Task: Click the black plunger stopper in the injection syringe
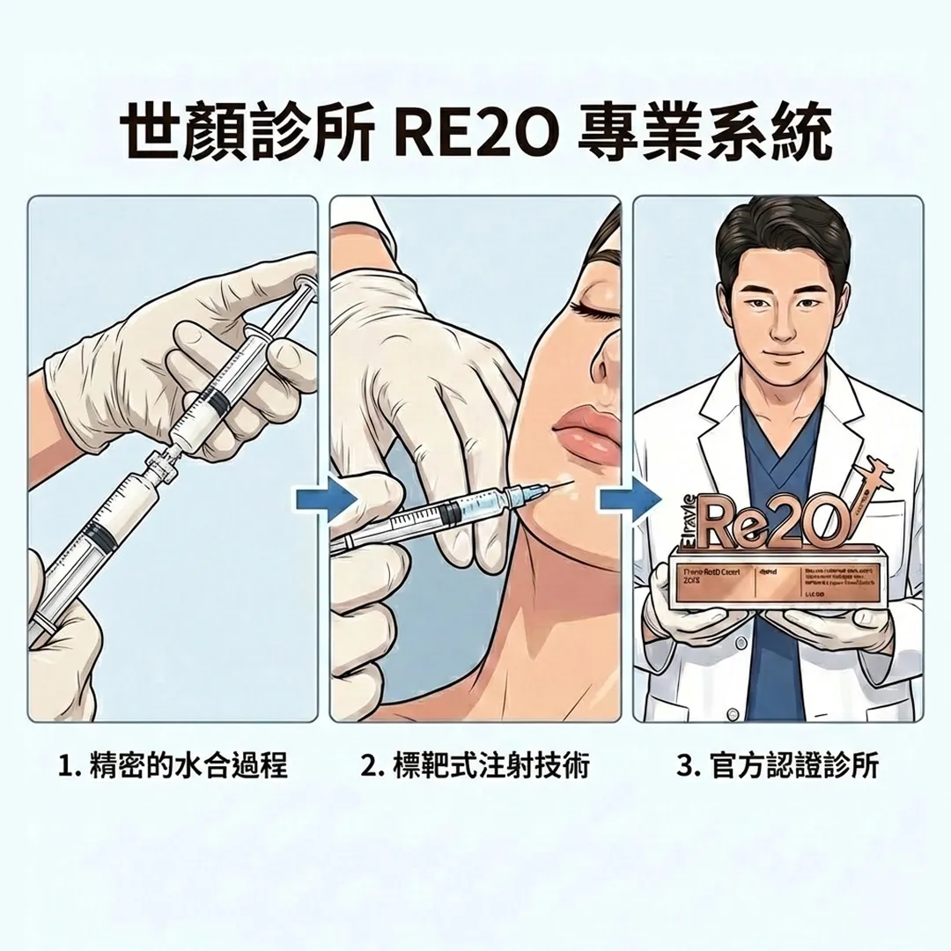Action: [x=450, y=512]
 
